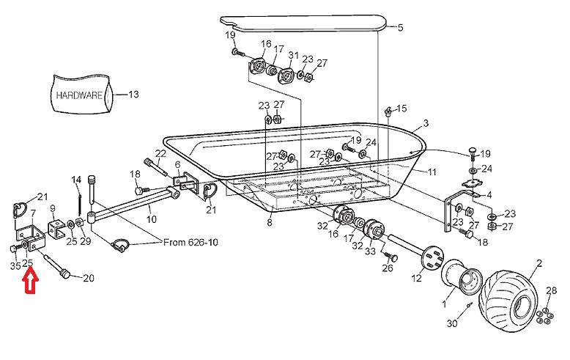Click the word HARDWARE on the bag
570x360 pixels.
coord(79,95)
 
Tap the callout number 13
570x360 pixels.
coord(133,95)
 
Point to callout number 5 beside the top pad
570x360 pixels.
coord(400,28)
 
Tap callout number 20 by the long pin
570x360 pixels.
coord(89,279)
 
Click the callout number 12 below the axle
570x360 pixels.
coord(415,278)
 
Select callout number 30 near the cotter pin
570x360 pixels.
coord(451,323)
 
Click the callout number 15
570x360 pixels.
coord(401,109)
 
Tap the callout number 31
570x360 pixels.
coord(294,56)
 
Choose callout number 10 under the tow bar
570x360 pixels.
coord(152,219)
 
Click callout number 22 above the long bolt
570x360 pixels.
coord(160,153)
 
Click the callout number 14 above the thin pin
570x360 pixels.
coord(77,180)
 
